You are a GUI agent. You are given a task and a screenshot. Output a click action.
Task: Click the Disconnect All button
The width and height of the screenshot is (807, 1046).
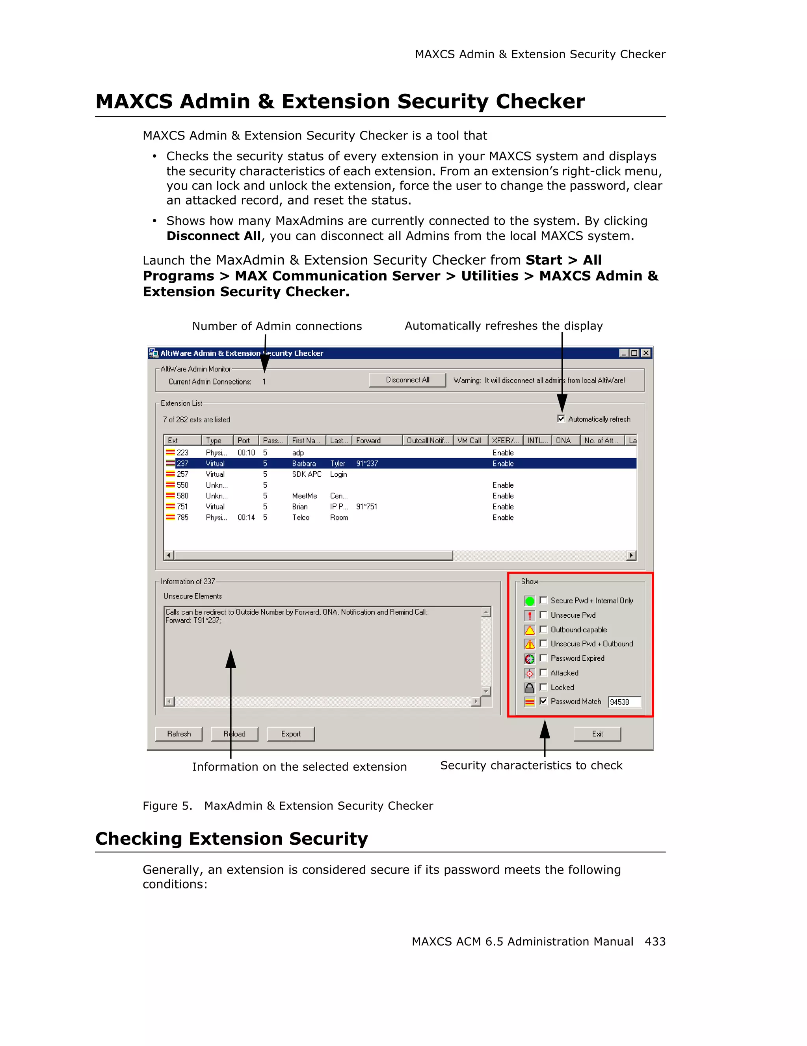pyautogui.click(x=407, y=380)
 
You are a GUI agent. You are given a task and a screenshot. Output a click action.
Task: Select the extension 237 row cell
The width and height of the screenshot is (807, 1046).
pyautogui.click(x=182, y=464)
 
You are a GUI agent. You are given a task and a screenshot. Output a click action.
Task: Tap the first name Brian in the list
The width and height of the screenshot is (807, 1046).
pyautogui.click(x=300, y=507)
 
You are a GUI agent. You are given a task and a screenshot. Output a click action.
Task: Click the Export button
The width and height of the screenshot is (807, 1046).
pyautogui.click(x=291, y=734)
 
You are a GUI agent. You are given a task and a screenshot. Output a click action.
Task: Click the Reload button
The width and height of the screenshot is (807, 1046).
pyautogui.click(x=234, y=734)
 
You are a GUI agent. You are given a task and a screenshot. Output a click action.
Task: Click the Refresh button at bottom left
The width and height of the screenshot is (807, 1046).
pyautogui.click(x=179, y=734)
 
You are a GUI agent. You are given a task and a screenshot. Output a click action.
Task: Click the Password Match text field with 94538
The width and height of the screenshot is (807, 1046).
pyautogui.click(x=624, y=702)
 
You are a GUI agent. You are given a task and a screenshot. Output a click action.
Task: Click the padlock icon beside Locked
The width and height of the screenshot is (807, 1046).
pyautogui.click(x=530, y=688)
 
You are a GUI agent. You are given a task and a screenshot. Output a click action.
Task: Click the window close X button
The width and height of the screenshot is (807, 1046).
pyautogui.click(x=646, y=353)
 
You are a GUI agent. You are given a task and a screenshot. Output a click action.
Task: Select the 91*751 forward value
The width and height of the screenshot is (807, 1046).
pyautogui.click(x=366, y=507)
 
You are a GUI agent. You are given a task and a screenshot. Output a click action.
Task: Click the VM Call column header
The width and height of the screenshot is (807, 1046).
pyautogui.click(x=469, y=440)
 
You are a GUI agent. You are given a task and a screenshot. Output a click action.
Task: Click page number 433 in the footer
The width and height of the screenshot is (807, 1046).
pyautogui.click(x=655, y=941)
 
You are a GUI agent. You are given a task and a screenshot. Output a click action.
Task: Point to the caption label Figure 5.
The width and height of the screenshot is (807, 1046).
pyautogui.click(x=167, y=806)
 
